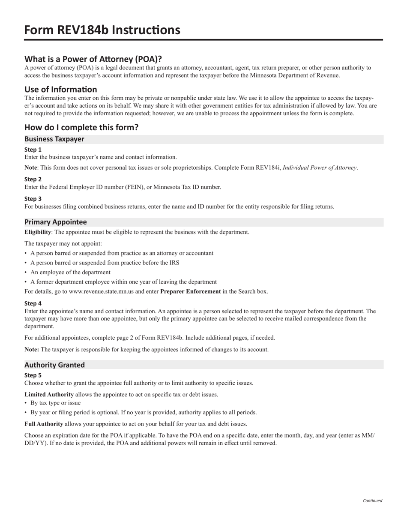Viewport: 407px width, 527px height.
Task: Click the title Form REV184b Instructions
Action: point(102,30)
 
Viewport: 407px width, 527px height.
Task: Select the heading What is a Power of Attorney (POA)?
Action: point(93,59)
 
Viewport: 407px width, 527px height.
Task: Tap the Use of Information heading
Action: point(60,89)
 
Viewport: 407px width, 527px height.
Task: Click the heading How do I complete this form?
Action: point(81,127)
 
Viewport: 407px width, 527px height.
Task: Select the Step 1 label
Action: point(33,150)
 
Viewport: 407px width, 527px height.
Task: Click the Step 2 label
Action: point(33,179)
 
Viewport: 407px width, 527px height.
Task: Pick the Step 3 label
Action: point(33,198)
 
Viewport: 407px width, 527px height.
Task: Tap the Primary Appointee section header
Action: point(55,222)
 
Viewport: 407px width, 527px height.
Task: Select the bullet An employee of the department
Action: point(70,272)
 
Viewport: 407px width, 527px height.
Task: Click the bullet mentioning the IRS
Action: point(105,263)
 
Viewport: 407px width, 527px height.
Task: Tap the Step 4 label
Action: point(33,303)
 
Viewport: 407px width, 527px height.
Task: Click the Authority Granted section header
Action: point(54,365)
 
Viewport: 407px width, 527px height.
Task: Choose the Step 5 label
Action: point(33,375)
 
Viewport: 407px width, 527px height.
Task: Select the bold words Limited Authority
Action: point(49,394)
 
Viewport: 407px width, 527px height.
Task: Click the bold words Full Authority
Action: point(44,424)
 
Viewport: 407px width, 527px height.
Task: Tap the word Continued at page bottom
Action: point(372,500)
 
